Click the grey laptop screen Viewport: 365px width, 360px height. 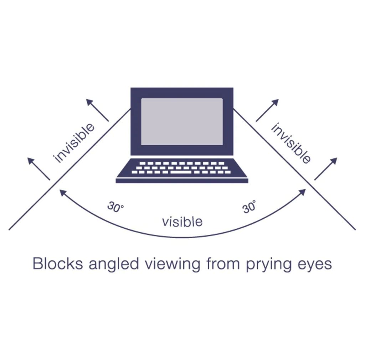pyautogui.click(x=182, y=121)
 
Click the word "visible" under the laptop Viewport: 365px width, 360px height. pyautogui.click(x=182, y=222)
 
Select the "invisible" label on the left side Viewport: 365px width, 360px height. pyautogui.click(x=74, y=143)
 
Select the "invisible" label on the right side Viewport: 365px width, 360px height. pyautogui.click(x=291, y=143)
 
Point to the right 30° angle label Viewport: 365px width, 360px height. pyautogui.click(x=250, y=207)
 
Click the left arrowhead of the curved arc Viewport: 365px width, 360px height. pyautogui.click(x=62, y=193)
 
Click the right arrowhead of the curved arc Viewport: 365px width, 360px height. pyautogui.click(x=302, y=192)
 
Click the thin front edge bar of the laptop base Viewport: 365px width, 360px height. pyautogui.click(x=182, y=181)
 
